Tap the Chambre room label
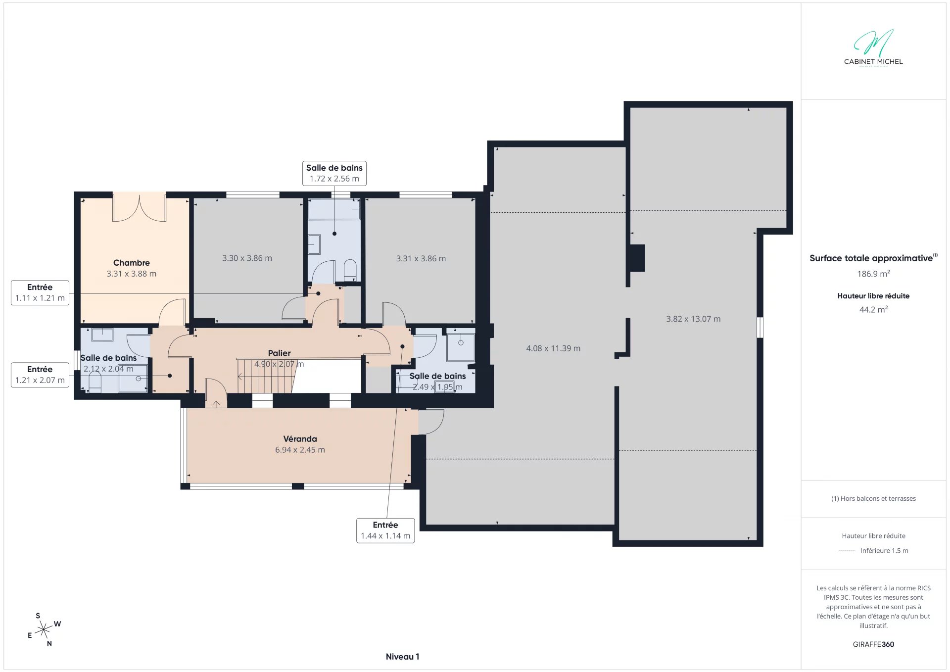(x=131, y=263)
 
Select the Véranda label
(x=300, y=439)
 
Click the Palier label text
(x=279, y=353)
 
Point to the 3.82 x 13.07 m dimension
(x=693, y=319)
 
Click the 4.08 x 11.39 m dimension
(x=553, y=348)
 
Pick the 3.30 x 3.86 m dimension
(x=247, y=258)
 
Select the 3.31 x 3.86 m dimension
(x=421, y=259)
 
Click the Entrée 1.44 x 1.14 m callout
(x=385, y=530)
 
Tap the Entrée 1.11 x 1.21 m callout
(x=40, y=292)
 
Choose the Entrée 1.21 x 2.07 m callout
(x=40, y=375)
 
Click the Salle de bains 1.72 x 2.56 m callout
(x=334, y=173)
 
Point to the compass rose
(x=45, y=630)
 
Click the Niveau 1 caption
(x=402, y=657)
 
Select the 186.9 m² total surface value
(x=873, y=274)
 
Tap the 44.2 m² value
(x=873, y=309)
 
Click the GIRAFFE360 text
(x=873, y=644)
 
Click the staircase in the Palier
(x=266, y=376)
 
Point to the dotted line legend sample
(x=847, y=551)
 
